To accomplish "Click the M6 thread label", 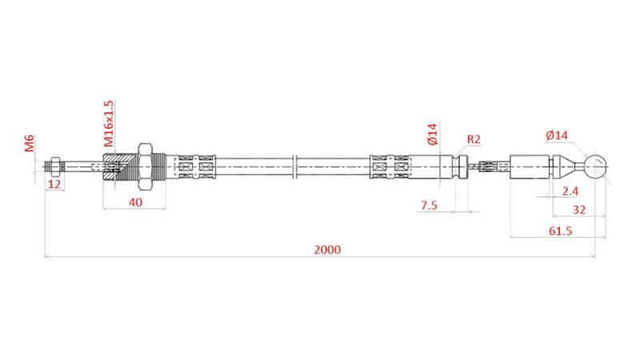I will [x=30, y=144].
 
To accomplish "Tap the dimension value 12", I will [x=54, y=184].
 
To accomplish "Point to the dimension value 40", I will [x=135, y=202].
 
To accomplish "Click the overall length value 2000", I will [x=326, y=249].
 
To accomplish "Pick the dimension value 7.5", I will [x=429, y=205].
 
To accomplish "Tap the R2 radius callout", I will [x=474, y=139].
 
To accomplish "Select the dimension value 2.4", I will [x=570, y=190].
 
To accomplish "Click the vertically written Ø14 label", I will [x=433, y=134].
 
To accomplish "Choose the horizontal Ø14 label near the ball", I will [x=557, y=136].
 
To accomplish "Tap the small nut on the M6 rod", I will [x=54, y=167].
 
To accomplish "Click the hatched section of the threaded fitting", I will [x=116, y=167].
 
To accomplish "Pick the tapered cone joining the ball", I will [x=570, y=167].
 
